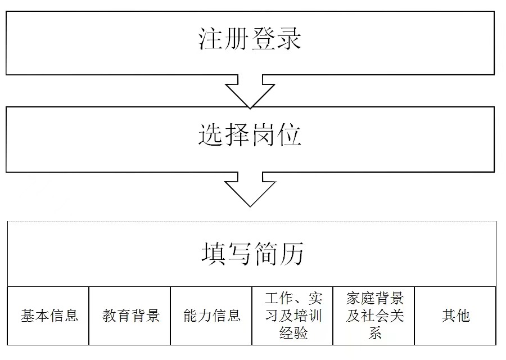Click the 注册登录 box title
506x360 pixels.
(x=250, y=39)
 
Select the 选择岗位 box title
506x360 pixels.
(x=250, y=136)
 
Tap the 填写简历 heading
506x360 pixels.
(x=252, y=254)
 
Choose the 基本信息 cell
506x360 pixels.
(x=49, y=316)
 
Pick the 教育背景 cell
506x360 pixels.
(x=130, y=316)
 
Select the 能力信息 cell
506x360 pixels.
(x=212, y=316)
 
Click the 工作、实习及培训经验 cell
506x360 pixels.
(x=293, y=316)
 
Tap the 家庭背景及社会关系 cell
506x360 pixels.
(x=375, y=316)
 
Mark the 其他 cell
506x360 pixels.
(x=455, y=316)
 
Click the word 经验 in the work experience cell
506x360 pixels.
(x=293, y=333)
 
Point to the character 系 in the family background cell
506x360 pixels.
(x=375, y=333)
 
